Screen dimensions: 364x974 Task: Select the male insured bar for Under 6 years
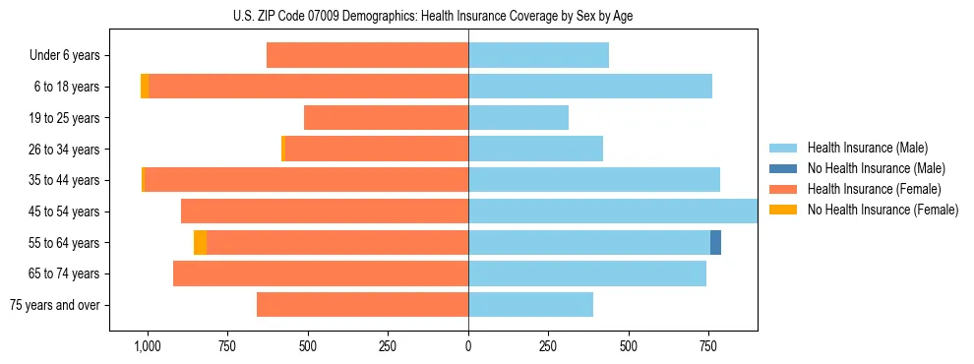click(x=538, y=55)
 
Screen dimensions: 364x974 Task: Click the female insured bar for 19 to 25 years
click(x=386, y=118)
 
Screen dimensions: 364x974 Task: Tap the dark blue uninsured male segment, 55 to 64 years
click(x=715, y=242)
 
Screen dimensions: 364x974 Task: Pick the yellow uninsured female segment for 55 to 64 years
click(x=200, y=242)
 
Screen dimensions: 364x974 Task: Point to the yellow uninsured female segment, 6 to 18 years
click(x=145, y=87)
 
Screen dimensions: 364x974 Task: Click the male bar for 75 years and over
click(x=530, y=305)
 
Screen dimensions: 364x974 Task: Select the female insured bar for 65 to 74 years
click(x=321, y=273)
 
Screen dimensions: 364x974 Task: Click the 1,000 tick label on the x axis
click(x=148, y=346)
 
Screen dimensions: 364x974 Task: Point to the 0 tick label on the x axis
click(x=468, y=346)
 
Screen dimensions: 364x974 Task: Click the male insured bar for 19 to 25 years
click(x=518, y=118)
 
